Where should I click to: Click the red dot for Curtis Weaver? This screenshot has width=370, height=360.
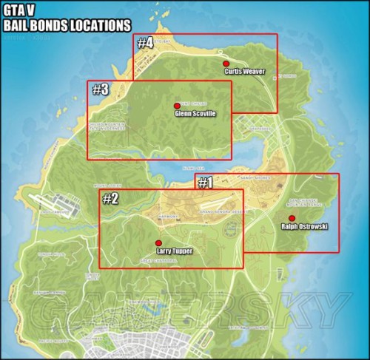(226, 64)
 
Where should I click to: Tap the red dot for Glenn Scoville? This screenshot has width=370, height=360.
(176, 106)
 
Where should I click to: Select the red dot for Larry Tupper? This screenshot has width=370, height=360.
(157, 242)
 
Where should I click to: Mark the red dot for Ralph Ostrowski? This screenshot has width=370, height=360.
(292, 217)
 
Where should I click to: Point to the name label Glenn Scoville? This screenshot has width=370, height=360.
(195, 115)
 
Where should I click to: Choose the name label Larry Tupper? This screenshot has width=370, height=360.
(171, 251)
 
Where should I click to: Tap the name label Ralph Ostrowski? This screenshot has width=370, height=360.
(305, 226)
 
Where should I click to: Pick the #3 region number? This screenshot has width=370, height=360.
(100, 89)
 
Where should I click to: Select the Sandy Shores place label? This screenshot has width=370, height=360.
(255, 178)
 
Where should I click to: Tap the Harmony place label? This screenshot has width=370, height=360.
(168, 217)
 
